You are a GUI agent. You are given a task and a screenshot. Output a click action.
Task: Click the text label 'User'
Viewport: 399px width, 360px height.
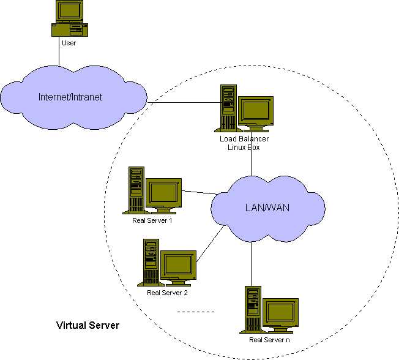click(69, 42)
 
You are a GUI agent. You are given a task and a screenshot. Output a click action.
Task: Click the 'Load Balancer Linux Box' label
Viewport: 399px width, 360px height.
click(244, 143)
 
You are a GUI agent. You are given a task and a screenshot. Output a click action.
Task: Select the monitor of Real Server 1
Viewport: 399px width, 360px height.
click(163, 193)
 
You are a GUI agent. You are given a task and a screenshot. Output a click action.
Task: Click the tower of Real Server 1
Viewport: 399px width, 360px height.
click(136, 189)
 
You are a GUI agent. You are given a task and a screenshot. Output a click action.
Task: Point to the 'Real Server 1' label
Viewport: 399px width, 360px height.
click(152, 220)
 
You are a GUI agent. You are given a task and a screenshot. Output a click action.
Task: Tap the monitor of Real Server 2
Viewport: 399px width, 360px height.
click(179, 264)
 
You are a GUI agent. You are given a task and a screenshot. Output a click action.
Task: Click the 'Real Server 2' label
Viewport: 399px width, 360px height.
click(167, 293)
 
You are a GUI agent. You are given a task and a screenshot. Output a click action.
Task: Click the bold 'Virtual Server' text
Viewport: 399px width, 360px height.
click(88, 324)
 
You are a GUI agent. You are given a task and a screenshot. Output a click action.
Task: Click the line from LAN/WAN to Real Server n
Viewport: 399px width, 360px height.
click(251, 263)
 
